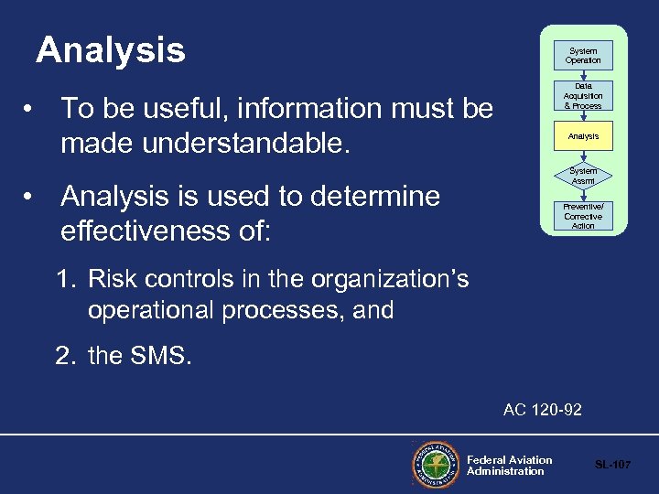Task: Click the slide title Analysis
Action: (110, 50)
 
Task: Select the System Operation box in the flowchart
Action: (583, 56)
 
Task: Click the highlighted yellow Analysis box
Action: (583, 136)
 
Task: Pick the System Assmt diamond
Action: (583, 176)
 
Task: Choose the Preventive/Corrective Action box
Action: (583, 216)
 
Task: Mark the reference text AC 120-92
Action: (542, 410)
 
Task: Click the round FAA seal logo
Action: (436, 466)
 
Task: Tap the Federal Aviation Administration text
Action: (509, 466)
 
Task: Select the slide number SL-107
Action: (612, 466)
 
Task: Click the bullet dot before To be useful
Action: (31, 109)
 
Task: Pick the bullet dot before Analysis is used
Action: (31, 197)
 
